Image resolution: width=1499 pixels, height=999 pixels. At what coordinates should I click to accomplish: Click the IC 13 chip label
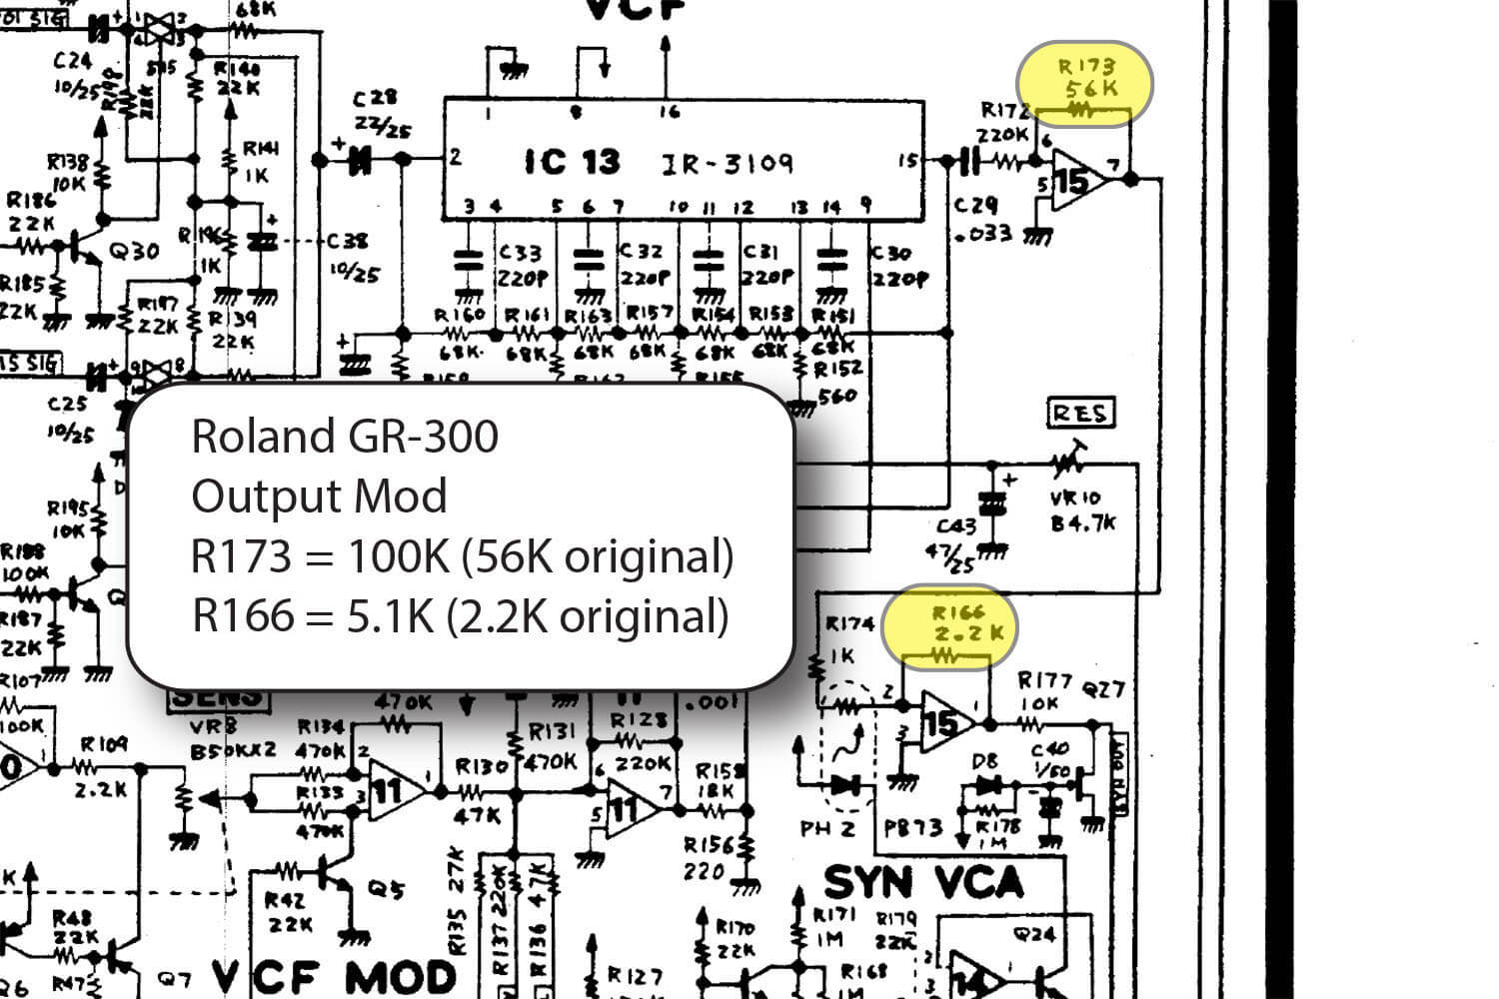pos(572,162)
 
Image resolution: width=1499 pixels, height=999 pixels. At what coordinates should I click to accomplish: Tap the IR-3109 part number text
pos(728,163)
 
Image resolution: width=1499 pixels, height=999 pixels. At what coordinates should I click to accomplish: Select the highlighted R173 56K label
pos(1085,78)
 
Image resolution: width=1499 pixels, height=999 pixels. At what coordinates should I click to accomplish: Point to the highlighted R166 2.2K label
pos(957,623)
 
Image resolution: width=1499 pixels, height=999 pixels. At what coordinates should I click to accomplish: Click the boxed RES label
pos(1080,413)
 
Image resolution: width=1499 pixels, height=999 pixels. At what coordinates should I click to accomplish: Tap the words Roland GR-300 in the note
pos(345,437)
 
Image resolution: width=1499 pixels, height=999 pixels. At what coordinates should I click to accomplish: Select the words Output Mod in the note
pos(319,497)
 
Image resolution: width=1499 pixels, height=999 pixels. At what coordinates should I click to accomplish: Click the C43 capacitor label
pos(956,526)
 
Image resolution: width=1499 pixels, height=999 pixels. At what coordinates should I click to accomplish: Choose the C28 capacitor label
pos(375,99)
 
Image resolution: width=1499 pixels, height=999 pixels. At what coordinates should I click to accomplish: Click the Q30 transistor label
pos(133,251)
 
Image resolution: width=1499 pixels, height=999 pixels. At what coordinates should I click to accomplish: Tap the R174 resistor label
pos(849,624)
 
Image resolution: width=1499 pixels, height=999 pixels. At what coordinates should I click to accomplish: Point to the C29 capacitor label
pos(975,206)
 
